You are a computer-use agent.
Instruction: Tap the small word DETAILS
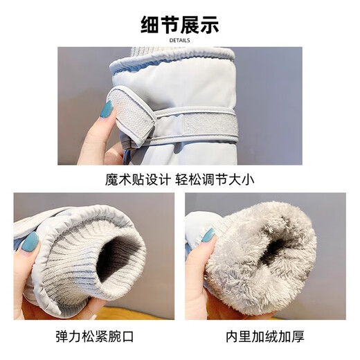[x=179, y=41]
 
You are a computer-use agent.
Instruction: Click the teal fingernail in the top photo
[x=107, y=109]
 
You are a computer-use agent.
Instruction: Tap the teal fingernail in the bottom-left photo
[x=30, y=242]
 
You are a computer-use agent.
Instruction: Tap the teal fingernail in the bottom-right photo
[x=208, y=235]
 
